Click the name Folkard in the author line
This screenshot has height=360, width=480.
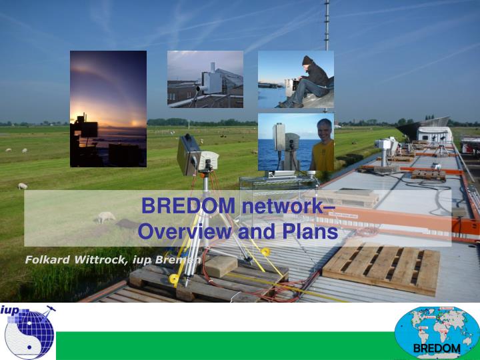click(x=48, y=259)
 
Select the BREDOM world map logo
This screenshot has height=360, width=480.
click(x=437, y=333)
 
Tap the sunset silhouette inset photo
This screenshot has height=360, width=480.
click(x=108, y=109)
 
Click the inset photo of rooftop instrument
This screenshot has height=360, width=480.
click(x=205, y=79)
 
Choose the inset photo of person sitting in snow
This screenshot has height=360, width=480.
click(x=295, y=79)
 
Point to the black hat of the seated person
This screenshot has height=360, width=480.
click(x=307, y=60)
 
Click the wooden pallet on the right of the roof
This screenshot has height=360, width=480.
click(x=381, y=268)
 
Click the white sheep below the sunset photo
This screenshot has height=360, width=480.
click(x=22, y=186)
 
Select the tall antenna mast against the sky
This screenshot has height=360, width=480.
click(x=327, y=27)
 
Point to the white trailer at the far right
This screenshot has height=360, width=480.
click(x=434, y=134)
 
